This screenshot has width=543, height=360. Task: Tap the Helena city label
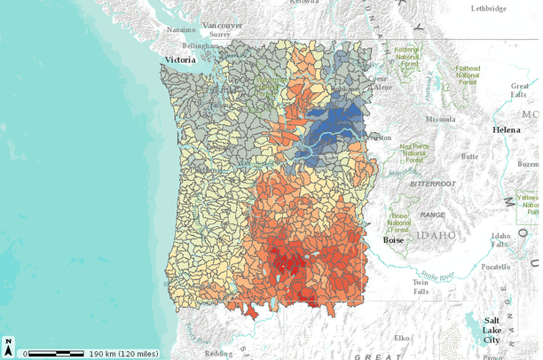(507, 129)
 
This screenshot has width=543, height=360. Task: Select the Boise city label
(393, 239)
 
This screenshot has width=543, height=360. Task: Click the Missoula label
(440, 118)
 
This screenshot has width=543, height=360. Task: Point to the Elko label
(401, 338)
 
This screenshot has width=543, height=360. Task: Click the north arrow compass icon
(8, 345)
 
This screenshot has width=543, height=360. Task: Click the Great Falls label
(520, 90)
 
